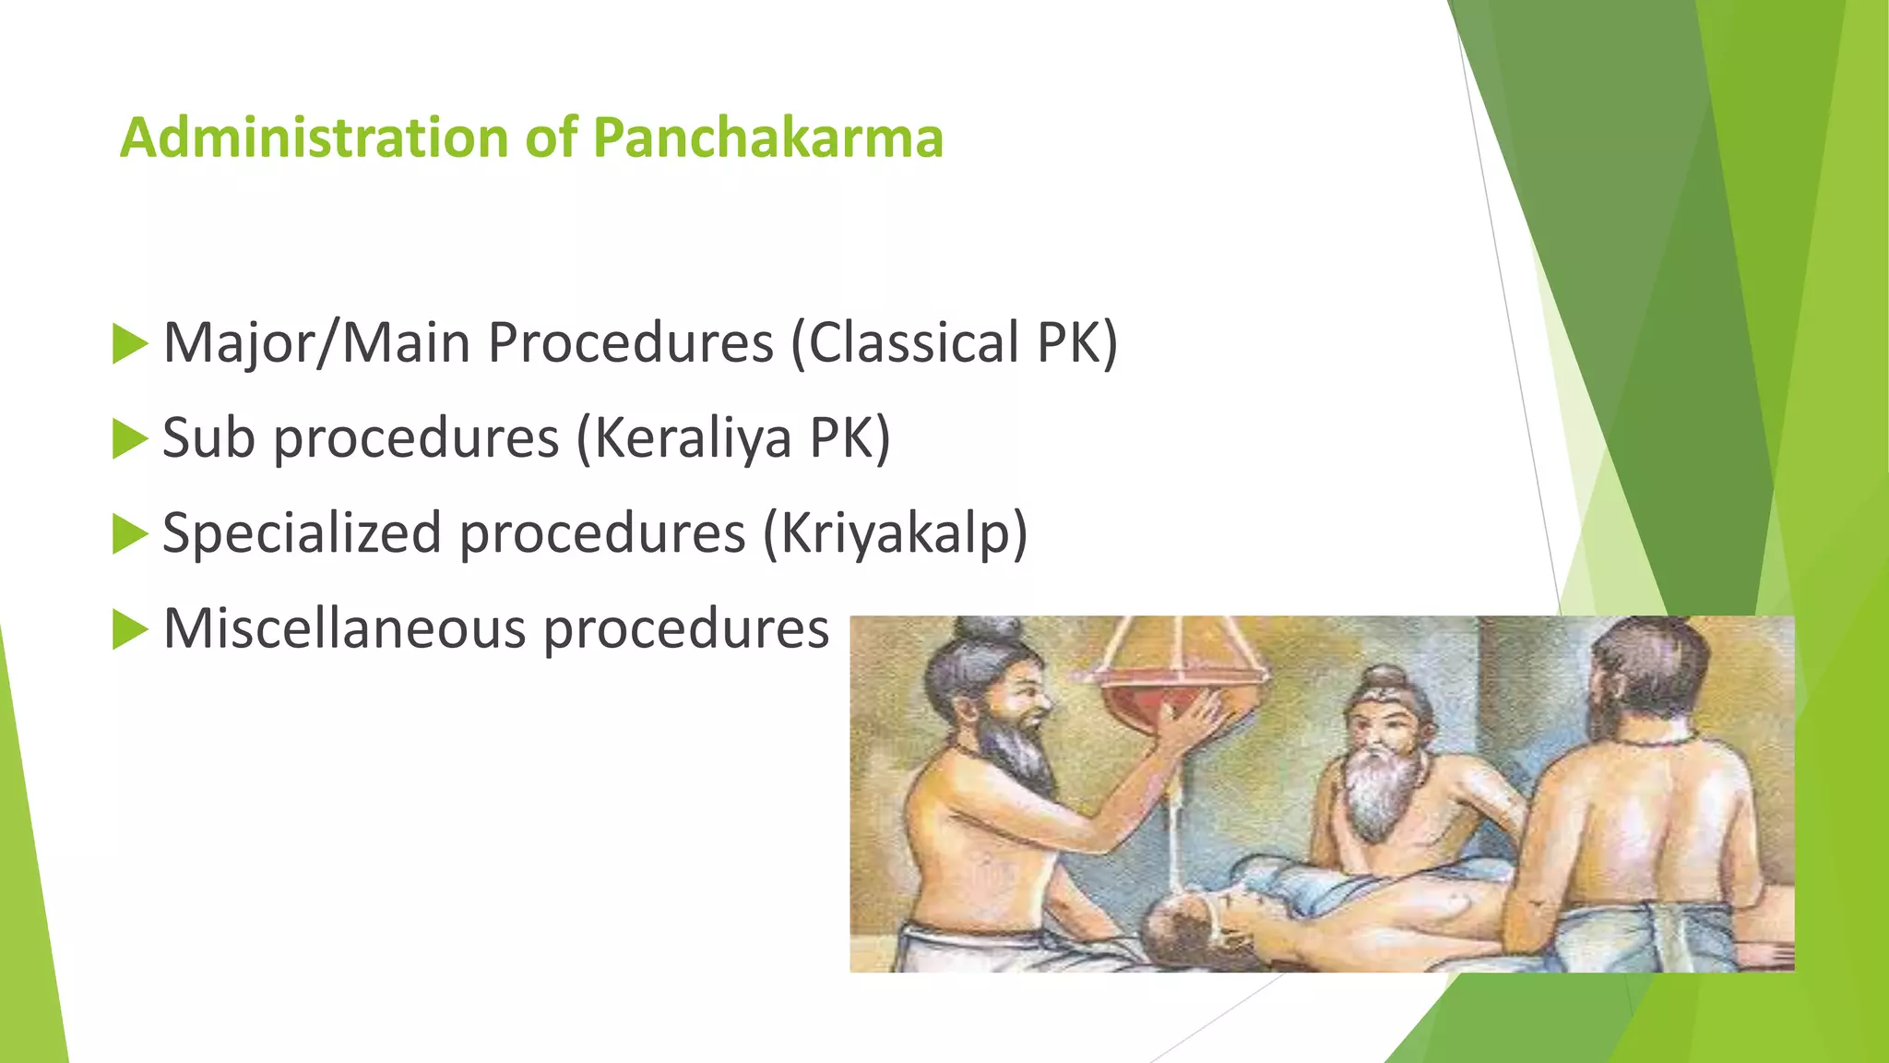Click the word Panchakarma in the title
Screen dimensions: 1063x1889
point(767,138)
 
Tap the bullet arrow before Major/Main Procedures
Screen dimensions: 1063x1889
point(129,343)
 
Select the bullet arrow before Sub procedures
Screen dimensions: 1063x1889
point(129,438)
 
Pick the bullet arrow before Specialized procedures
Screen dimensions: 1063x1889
point(129,534)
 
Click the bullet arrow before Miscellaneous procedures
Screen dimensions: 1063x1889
point(129,630)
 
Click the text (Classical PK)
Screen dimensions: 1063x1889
point(955,343)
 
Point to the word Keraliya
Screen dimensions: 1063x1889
point(692,438)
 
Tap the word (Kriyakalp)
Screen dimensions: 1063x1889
point(895,534)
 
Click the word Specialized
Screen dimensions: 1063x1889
point(302,534)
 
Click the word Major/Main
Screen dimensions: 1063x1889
point(316,343)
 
